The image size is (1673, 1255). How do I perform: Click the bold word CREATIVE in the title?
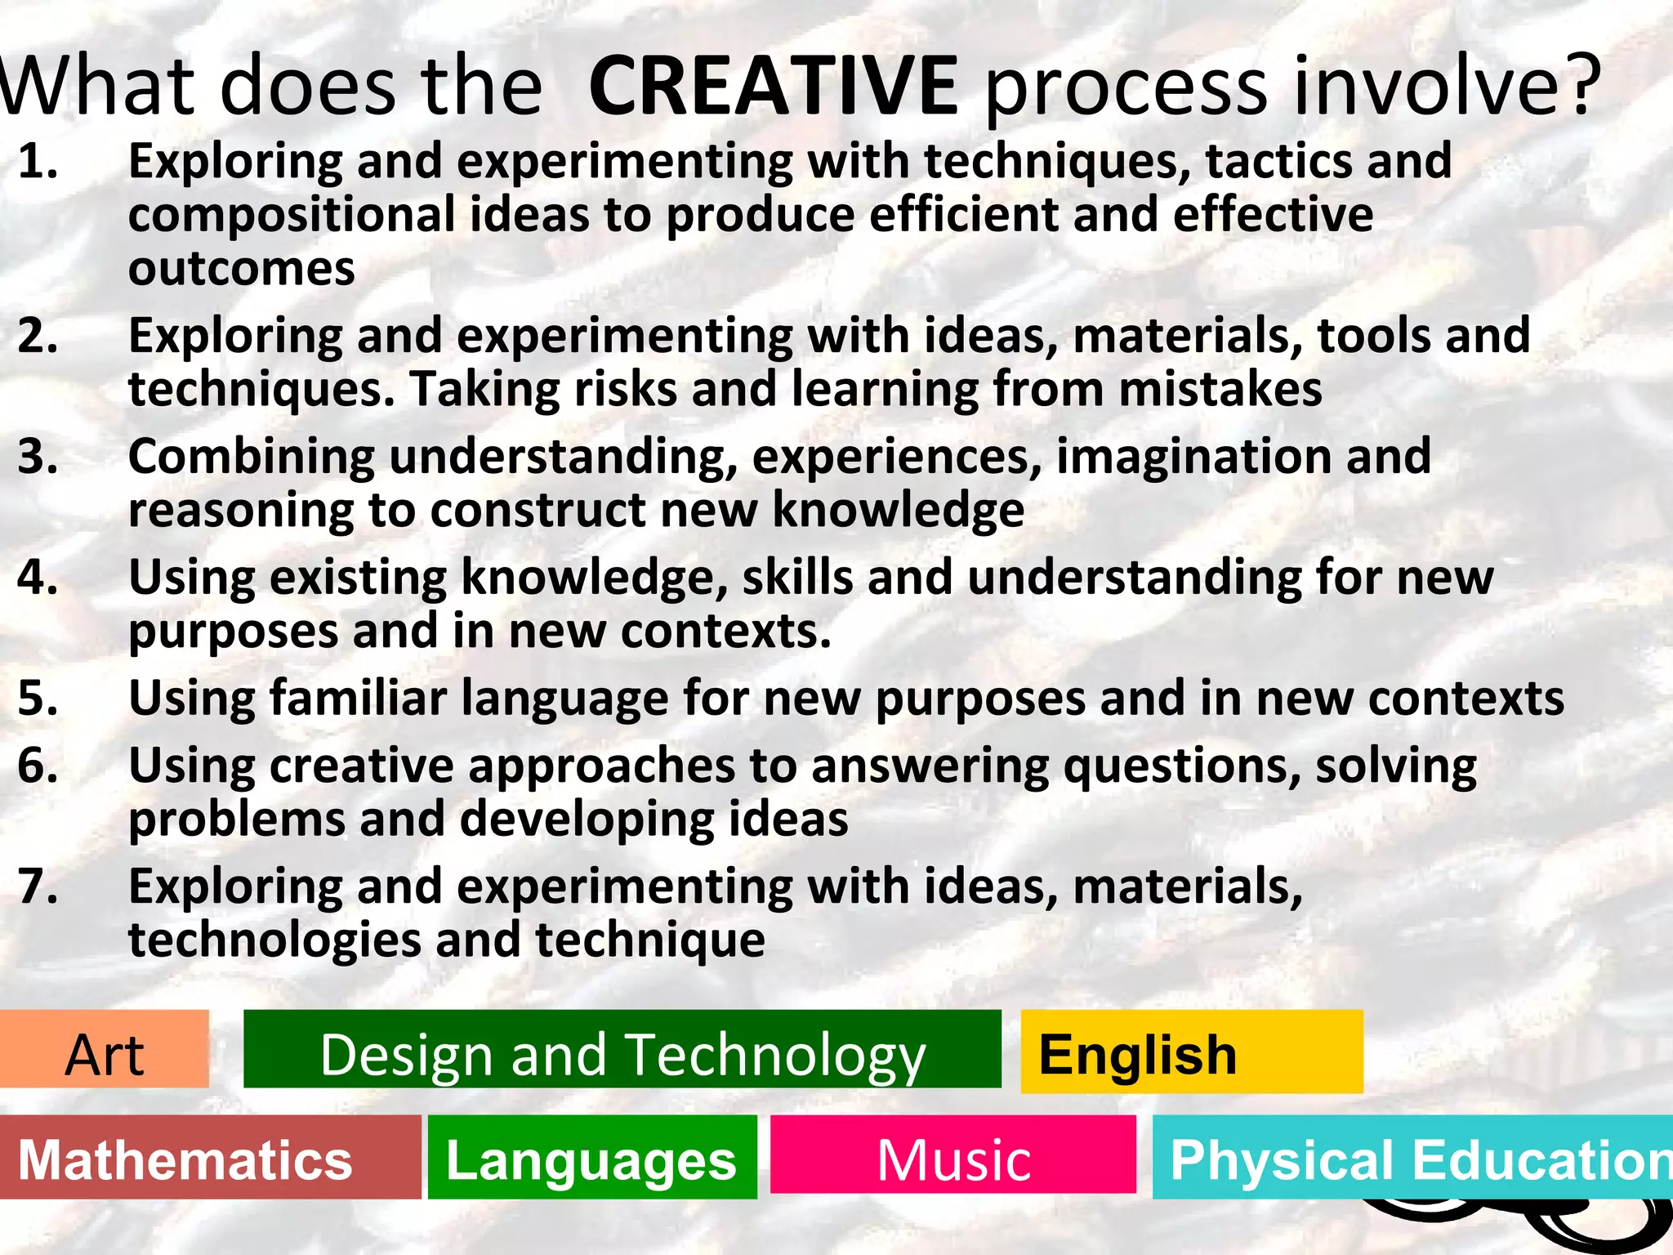[x=773, y=86]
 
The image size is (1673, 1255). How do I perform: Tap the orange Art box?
[x=105, y=1050]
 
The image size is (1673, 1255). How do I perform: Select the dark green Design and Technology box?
[x=622, y=1050]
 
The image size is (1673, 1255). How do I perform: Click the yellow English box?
[x=1191, y=1052]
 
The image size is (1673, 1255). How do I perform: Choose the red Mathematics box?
[x=210, y=1158]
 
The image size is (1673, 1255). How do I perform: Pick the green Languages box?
[x=592, y=1158]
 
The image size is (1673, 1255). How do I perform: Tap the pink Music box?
[x=953, y=1155]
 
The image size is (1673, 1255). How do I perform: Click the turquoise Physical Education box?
[x=1412, y=1158]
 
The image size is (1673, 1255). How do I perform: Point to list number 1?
[x=38, y=161]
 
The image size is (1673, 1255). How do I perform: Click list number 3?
[x=38, y=457]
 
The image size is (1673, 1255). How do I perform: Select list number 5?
[x=38, y=699]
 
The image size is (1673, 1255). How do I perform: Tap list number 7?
[x=38, y=887]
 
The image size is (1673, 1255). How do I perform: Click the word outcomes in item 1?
[x=242, y=270]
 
